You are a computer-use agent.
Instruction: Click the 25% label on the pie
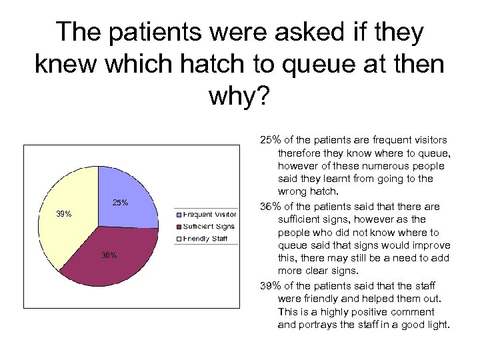[120, 203]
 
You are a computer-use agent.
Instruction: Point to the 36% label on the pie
[109, 255]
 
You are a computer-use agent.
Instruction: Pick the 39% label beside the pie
[63, 214]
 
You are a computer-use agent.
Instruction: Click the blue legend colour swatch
[178, 215]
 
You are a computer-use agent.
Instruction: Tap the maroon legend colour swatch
[178, 227]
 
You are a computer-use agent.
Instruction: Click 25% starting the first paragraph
[271, 140]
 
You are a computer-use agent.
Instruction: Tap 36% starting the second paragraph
[271, 206]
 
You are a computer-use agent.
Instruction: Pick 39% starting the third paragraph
[271, 285]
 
